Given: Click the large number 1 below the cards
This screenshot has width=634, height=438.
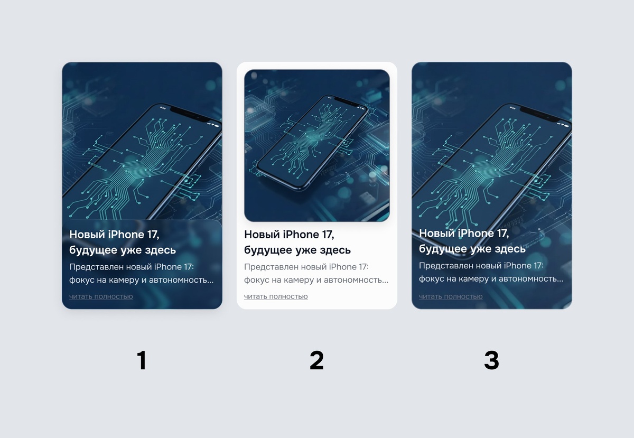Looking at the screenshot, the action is pos(142,360).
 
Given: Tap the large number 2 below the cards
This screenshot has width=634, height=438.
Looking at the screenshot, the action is pos(316,360).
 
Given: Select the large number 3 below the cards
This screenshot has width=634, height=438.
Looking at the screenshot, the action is pos(492,360).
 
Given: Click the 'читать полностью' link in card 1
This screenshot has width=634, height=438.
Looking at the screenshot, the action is pos(101,296).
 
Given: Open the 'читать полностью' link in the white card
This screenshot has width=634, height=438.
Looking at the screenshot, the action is pos(276,296).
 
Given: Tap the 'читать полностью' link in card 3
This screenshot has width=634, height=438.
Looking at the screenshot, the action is pos(451,296).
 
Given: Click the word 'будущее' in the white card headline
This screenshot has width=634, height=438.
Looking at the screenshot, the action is pos(265,250).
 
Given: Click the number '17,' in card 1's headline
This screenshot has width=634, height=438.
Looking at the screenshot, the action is pos(153,235).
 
